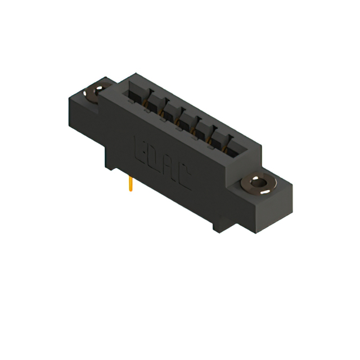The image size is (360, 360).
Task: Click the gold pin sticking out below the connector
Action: click(x=130, y=183)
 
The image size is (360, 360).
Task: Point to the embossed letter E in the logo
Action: click(x=141, y=147)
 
